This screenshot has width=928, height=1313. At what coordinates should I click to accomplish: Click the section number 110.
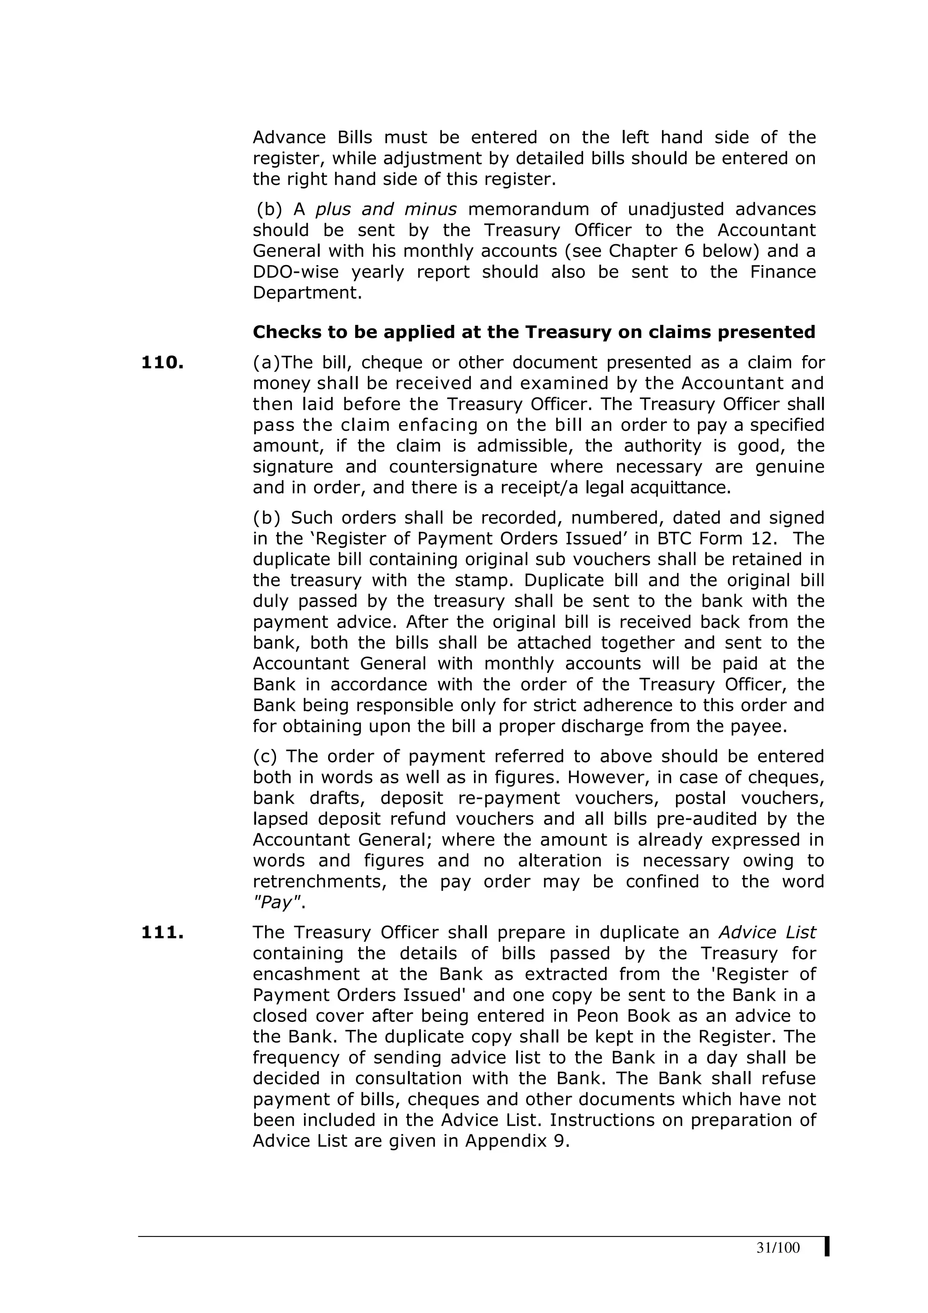[x=162, y=362]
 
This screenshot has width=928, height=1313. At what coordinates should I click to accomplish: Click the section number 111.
[x=162, y=933]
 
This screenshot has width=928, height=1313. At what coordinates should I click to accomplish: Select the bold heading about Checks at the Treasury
[x=533, y=332]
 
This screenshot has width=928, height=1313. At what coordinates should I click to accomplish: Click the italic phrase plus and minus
[x=386, y=209]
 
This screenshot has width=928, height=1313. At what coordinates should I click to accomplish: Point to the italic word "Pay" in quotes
[x=277, y=903]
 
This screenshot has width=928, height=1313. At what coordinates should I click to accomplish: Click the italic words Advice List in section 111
[x=767, y=933]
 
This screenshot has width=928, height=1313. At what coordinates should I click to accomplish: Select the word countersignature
[x=463, y=467]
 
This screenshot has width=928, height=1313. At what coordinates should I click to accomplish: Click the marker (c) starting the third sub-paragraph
[x=264, y=757]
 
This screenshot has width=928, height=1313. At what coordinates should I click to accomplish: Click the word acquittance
[x=677, y=488]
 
